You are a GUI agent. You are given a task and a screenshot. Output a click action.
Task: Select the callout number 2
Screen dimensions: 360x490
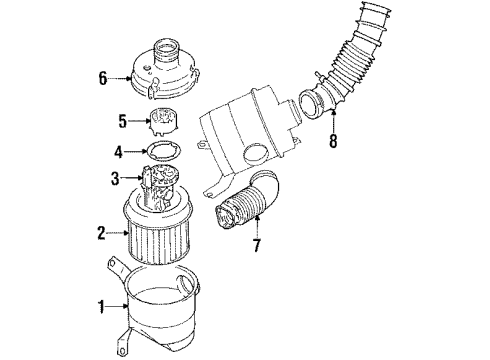pos(100,234)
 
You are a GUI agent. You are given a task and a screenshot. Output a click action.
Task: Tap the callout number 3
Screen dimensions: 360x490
pos(115,178)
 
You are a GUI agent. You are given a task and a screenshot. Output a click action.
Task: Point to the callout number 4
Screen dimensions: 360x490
pos(117,153)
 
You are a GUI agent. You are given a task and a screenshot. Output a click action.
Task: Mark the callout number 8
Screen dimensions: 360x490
pos(333,141)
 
